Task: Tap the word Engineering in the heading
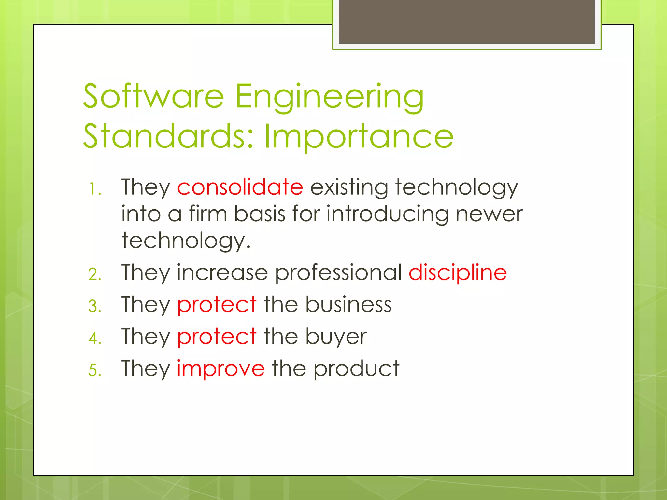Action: (329, 97)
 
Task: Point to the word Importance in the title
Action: (359, 137)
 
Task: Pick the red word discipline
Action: (458, 272)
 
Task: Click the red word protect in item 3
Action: (217, 305)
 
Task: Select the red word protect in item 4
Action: (217, 337)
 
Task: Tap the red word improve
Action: (221, 369)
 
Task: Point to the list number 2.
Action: (95, 274)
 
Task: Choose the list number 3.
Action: (95, 307)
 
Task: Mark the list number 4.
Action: (95, 339)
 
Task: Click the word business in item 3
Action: (348, 305)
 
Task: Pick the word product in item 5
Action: (356, 369)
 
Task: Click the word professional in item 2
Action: (338, 273)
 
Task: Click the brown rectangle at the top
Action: (467, 21)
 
